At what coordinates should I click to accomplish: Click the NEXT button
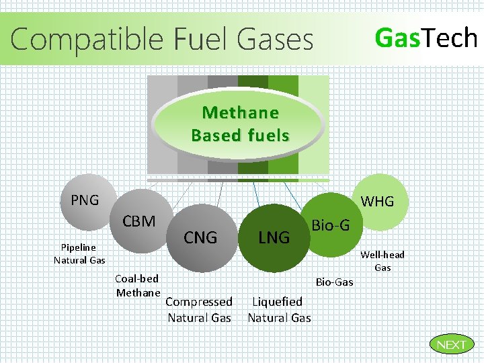(x=451, y=345)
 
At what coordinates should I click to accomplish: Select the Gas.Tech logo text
(x=426, y=38)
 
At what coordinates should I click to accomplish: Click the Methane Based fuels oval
(x=240, y=124)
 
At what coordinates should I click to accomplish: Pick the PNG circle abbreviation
(x=85, y=200)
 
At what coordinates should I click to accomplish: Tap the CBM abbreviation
(x=139, y=221)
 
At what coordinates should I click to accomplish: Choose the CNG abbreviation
(x=200, y=237)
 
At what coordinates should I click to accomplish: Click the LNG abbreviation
(x=274, y=237)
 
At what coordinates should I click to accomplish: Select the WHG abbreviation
(x=378, y=201)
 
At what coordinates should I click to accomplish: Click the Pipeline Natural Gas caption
(x=79, y=253)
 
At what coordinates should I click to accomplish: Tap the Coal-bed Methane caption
(x=138, y=285)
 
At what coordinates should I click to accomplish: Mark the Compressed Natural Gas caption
(x=199, y=309)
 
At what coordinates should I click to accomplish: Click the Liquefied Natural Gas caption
(x=279, y=309)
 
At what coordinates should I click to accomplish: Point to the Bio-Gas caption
(x=334, y=282)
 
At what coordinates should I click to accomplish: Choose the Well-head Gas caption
(x=382, y=261)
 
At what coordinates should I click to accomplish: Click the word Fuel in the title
(x=198, y=39)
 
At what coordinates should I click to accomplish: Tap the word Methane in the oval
(x=240, y=112)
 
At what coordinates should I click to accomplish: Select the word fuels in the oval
(x=268, y=135)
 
